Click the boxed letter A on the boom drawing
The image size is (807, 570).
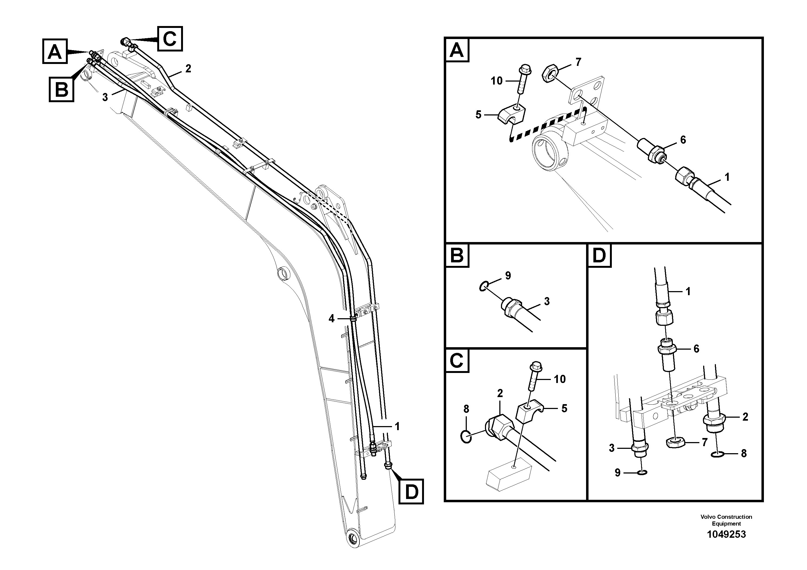55,52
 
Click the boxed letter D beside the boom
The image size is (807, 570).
411,491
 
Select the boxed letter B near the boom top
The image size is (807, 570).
62,90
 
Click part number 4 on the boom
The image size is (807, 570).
332,319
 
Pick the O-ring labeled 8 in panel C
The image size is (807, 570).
466,437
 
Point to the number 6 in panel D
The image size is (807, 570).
696,349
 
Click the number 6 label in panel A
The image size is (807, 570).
683,140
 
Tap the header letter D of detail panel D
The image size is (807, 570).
599,256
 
